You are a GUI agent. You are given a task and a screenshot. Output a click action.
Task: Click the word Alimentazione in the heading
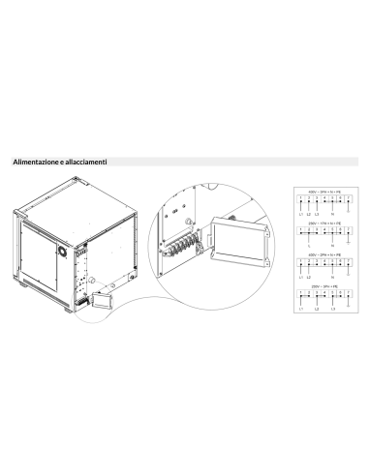click(x=33, y=163)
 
